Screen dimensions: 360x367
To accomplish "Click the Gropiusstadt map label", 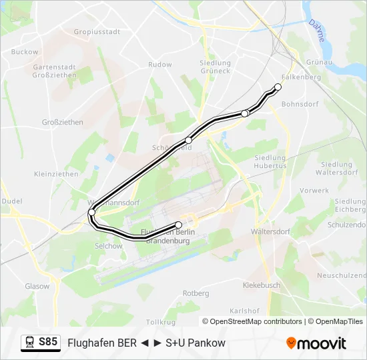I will tap(97, 31).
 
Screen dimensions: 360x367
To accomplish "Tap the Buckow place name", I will tap(25, 51).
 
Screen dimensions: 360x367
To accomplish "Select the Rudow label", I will tap(160, 65).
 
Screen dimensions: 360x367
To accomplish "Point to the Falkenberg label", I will tap(302, 77).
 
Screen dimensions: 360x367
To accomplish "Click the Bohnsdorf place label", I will tap(300, 104).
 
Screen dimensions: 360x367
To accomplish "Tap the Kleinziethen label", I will tap(56, 173).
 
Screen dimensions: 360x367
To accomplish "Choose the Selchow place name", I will tap(109, 246).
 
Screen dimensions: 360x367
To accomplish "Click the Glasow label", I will tap(37, 286).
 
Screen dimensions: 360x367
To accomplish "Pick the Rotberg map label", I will tap(196, 293).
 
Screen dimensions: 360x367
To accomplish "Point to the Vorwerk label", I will tap(314, 190).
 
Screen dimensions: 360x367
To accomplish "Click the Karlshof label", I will tap(244, 311).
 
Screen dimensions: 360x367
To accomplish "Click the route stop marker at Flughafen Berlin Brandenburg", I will tap(179, 225).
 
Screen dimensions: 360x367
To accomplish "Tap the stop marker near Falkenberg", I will tap(278, 87).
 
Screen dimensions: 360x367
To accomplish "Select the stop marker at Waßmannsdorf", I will tap(91, 213).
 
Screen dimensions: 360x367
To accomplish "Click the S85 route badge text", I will tap(48, 342).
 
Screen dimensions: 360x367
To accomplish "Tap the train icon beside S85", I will tap(30, 343).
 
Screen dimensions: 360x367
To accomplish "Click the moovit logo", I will tap(316, 343).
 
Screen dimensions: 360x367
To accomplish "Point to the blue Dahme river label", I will tap(316, 31).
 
